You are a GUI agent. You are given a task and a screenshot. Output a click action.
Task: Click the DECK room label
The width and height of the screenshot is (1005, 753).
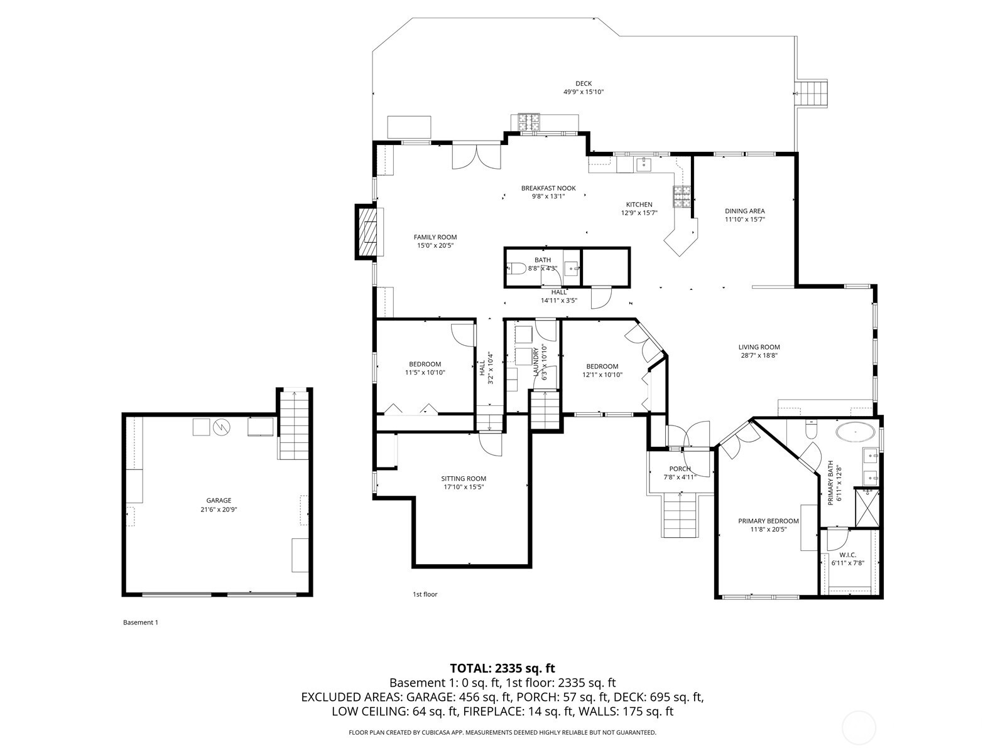pyautogui.click(x=584, y=83)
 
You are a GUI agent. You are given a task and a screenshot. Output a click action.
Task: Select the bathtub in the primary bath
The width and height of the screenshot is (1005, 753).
pyautogui.click(x=855, y=432)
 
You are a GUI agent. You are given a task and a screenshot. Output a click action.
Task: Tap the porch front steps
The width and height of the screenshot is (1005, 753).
pyautogui.click(x=680, y=515)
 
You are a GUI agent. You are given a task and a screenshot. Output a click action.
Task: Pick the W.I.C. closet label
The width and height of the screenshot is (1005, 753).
pyautogui.click(x=847, y=555)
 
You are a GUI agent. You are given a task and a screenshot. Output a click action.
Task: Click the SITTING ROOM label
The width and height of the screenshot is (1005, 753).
pyautogui.click(x=464, y=479)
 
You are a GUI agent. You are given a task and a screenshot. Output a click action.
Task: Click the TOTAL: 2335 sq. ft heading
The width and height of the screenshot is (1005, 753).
pyautogui.click(x=503, y=668)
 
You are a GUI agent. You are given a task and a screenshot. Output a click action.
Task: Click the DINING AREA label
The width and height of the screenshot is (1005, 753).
pyautogui.click(x=745, y=211)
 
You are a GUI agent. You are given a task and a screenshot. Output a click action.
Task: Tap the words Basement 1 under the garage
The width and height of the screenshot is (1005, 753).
pyautogui.click(x=141, y=622)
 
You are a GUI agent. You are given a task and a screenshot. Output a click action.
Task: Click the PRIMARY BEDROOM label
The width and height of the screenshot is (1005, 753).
pyautogui.click(x=768, y=521)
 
